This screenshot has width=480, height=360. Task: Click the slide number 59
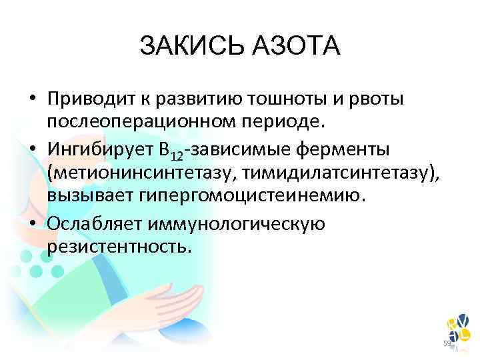point(447,343)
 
